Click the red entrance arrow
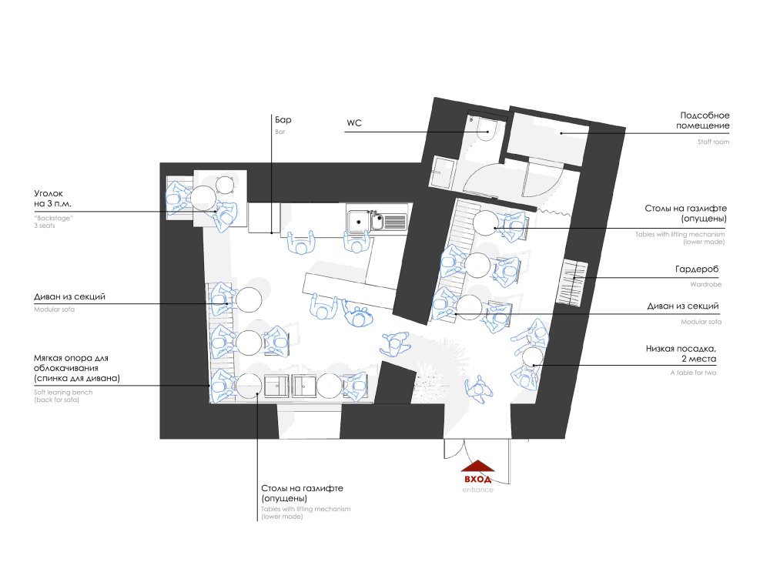coord(478,465)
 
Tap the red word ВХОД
coord(478,479)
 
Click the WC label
coord(354,122)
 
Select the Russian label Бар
coord(283,119)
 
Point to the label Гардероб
coord(697,269)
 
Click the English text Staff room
coord(713,142)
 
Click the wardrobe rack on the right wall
coord(572,282)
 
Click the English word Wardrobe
coord(705,284)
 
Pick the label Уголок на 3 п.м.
coord(52,199)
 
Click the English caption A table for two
coord(693,373)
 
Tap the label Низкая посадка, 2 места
coord(681,353)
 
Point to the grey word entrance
coord(478,490)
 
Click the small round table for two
coord(532,356)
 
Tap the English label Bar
coord(280,132)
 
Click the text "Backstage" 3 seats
coord(53,222)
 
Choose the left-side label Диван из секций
coord(69,296)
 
